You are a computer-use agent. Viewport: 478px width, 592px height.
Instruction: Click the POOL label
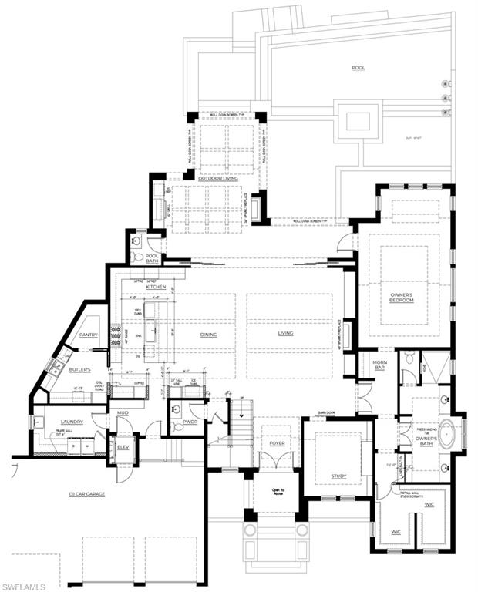358,68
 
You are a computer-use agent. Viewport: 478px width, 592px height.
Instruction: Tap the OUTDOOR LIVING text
220,179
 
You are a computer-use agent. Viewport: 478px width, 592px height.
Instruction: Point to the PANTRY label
87,335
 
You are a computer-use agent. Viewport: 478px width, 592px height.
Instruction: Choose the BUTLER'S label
79,369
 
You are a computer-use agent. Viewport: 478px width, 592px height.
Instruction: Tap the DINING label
208,335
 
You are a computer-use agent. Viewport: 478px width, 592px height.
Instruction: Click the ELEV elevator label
123,447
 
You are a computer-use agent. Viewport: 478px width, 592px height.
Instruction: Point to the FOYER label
277,444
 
